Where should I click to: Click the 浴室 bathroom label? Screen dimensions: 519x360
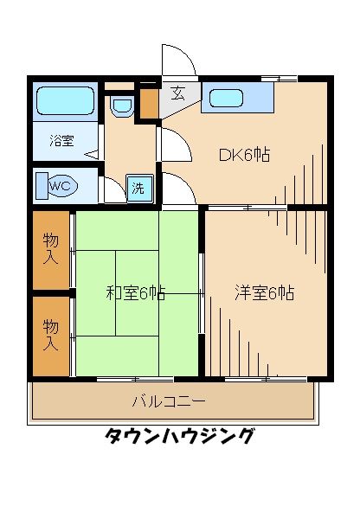(61, 139)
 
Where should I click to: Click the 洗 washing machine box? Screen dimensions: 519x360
(138, 189)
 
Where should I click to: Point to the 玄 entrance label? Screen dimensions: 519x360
(177, 94)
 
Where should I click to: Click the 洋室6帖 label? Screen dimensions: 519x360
(264, 292)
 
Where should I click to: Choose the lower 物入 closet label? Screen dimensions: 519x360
(52, 334)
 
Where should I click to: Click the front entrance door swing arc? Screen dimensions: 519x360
(180, 59)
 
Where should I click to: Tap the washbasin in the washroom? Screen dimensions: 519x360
(122, 107)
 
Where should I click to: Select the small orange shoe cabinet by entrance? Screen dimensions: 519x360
(149, 102)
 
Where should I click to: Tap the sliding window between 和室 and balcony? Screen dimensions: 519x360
(135, 379)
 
